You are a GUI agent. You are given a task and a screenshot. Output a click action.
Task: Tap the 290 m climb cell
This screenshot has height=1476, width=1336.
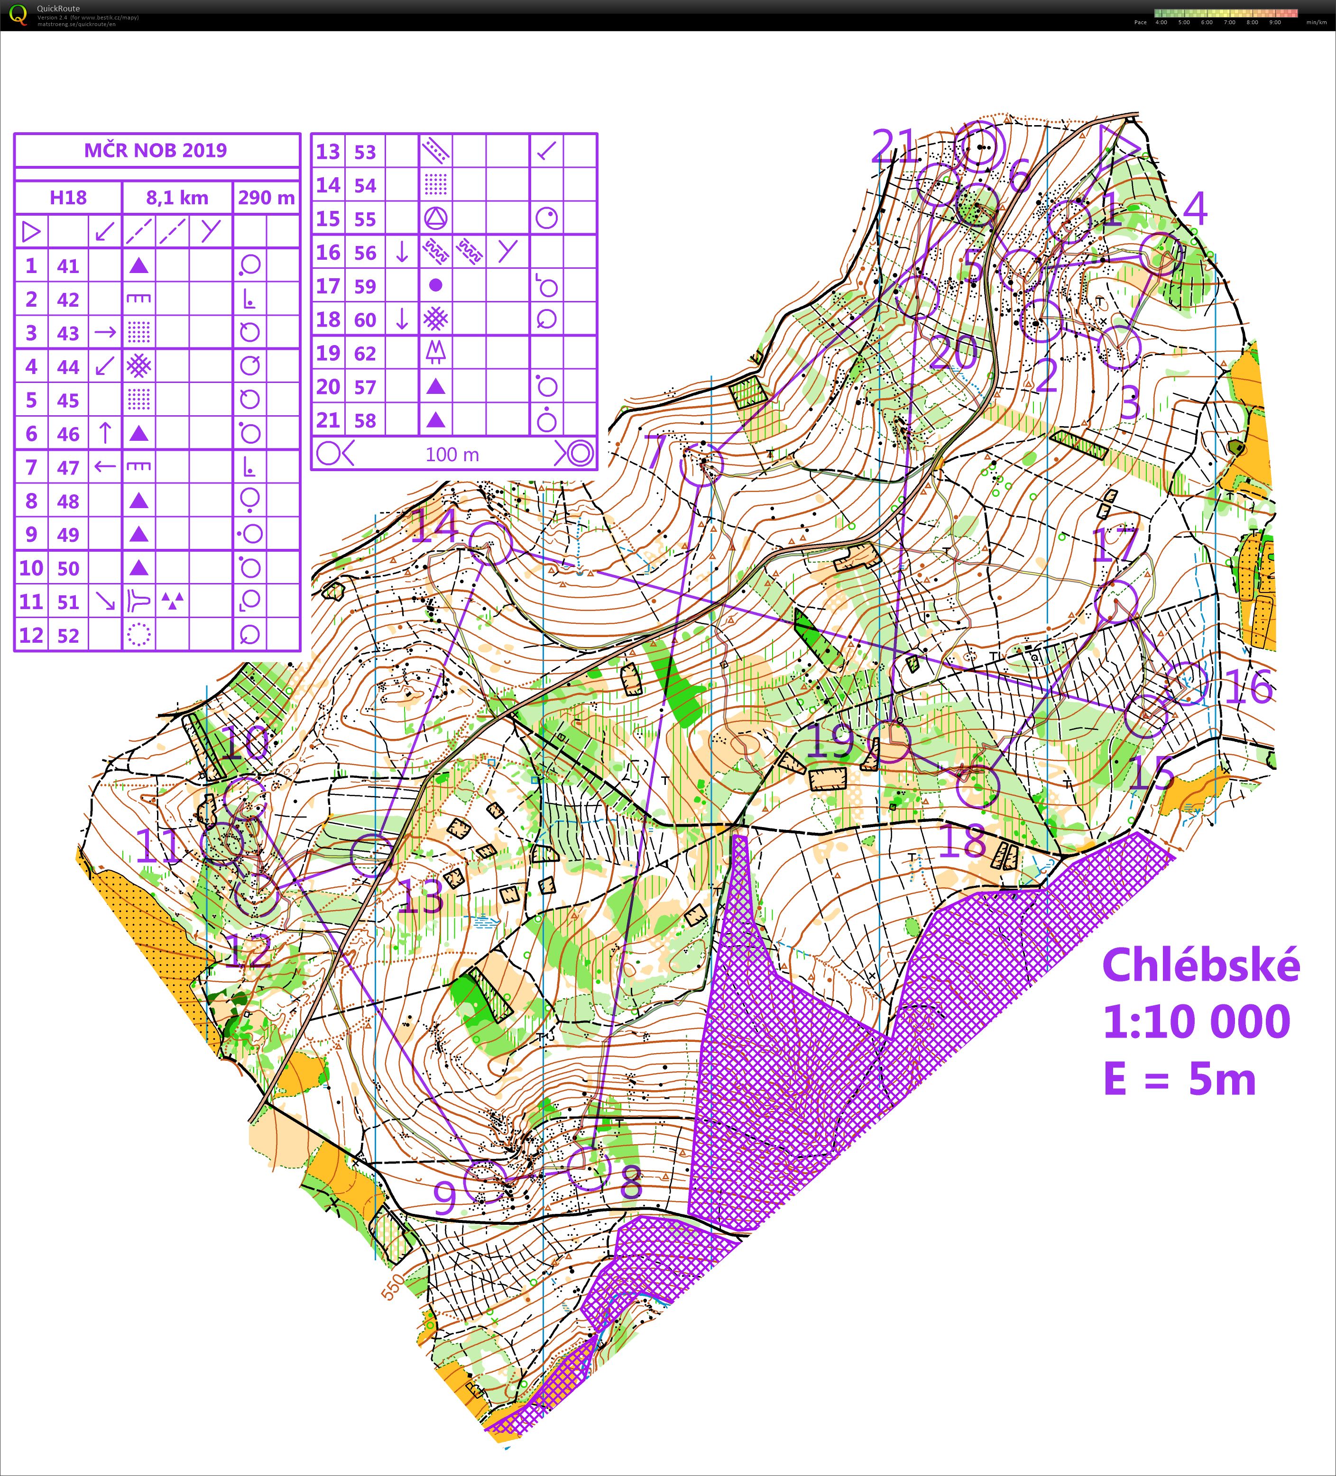pos(266,198)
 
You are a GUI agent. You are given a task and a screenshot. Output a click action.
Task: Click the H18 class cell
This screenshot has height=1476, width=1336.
pos(68,198)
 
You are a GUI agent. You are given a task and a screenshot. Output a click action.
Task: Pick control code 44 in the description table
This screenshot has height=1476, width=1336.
pos(68,367)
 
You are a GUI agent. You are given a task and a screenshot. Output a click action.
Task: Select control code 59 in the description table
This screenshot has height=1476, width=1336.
pos(365,286)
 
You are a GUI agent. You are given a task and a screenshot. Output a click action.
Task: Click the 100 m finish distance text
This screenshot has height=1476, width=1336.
pos(452,455)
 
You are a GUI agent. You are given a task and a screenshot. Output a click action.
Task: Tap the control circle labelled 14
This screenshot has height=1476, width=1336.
pos(490,543)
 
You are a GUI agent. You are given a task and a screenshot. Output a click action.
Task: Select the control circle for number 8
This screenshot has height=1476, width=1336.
pos(588,1168)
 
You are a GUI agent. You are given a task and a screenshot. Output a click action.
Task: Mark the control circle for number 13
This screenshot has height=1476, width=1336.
pos(373,855)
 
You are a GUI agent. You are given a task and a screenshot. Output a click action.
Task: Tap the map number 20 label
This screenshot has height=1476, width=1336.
pos(954,352)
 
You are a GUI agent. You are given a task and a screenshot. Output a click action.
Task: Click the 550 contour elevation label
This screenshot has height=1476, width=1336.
pos(393,1286)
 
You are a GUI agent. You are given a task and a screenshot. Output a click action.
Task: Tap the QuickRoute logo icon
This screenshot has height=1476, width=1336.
pos(18,15)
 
